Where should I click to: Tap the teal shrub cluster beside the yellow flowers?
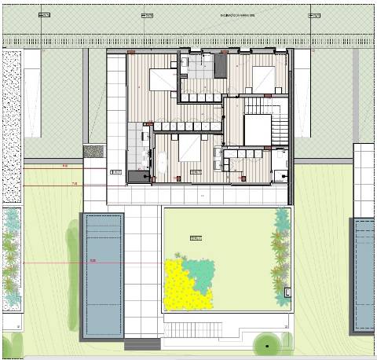(x=199, y=271)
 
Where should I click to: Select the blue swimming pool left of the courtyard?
(x=103, y=275)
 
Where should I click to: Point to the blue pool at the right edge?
(x=364, y=275)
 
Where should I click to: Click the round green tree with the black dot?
(x=268, y=345)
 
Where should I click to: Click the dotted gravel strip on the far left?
(x=12, y=126)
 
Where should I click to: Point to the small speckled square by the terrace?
(x=93, y=150)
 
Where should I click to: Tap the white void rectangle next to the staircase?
(x=257, y=130)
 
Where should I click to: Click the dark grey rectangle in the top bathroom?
(x=220, y=66)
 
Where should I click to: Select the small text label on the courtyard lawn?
(x=196, y=238)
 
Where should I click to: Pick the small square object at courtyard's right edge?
(x=288, y=292)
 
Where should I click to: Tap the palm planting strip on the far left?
(x=10, y=259)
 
